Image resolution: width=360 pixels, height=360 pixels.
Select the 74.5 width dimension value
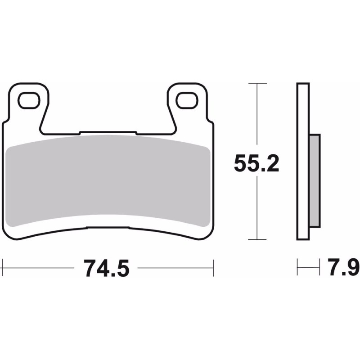[x=106, y=269]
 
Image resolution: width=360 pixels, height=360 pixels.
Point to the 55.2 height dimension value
[x=256, y=163]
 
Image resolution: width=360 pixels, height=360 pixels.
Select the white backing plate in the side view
[x=303, y=162]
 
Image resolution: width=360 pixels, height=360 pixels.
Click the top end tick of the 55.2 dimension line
[x=256, y=84]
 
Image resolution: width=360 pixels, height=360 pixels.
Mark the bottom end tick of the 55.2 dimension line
[x=256, y=240]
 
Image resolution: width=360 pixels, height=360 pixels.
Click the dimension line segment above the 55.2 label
[x=256, y=117]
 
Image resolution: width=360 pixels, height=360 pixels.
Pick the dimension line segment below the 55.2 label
[x=256, y=207]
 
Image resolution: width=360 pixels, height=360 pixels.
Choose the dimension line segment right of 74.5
[x=175, y=269]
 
